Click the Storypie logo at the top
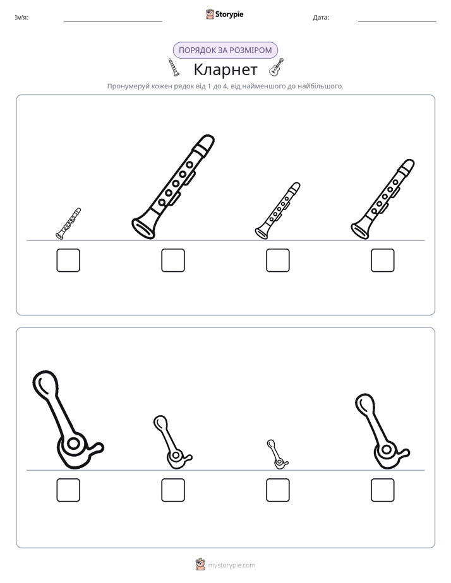(x=224, y=14)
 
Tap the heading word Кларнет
(x=225, y=69)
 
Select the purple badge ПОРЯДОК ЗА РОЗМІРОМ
(x=225, y=50)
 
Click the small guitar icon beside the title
(x=276, y=68)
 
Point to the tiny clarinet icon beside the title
(x=173, y=67)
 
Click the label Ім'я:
(x=21, y=18)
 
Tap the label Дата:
(x=321, y=18)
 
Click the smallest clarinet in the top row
(x=68, y=223)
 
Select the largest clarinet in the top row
(x=173, y=187)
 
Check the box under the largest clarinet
(x=173, y=260)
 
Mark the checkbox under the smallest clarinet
(x=68, y=260)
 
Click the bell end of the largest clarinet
(x=143, y=227)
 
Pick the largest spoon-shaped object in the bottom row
(x=68, y=420)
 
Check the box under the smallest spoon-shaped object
(x=277, y=490)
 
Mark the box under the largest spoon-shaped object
(x=68, y=490)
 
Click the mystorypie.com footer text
(x=231, y=565)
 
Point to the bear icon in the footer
(x=200, y=565)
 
